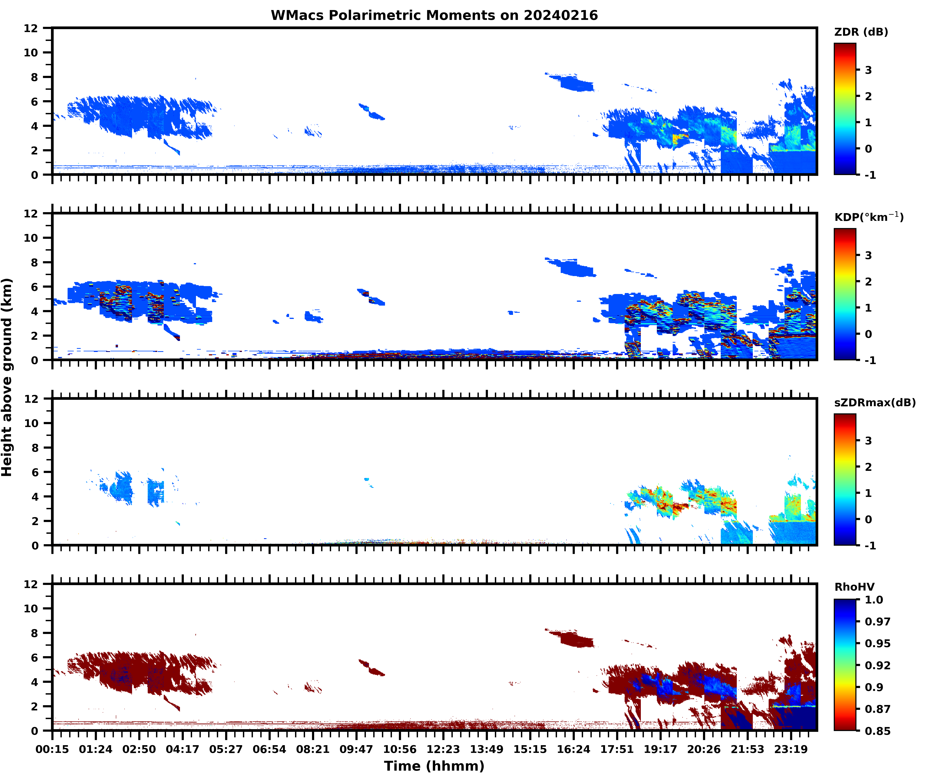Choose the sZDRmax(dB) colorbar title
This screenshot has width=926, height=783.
[874, 403]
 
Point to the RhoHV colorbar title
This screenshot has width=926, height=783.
[854, 587]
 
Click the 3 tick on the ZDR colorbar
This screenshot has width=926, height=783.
[868, 70]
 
